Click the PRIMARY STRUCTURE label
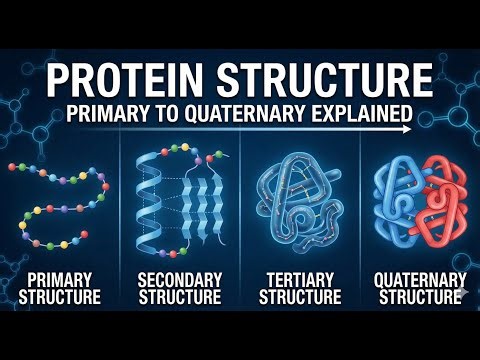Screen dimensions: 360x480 tap(61, 288)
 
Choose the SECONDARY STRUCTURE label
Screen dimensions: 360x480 tap(179, 288)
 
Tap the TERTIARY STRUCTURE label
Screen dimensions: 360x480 tap(299, 288)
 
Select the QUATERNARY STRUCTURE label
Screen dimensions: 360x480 tap(420, 288)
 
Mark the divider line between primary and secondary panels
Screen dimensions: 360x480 tap(120, 210)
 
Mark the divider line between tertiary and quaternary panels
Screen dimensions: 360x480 tap(360, 210)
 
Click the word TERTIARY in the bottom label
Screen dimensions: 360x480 tap(299, 280)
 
